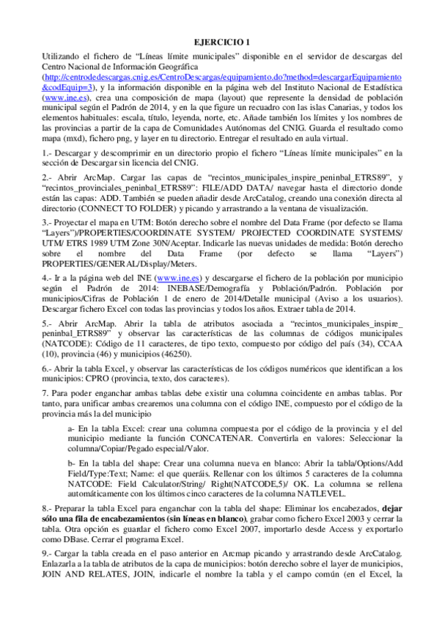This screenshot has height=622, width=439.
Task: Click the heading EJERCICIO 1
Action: [219, 42]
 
